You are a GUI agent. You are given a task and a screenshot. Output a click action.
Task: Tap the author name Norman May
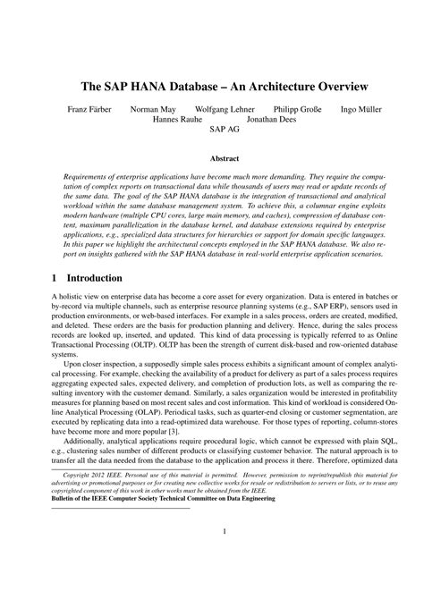click(x=151, y=110)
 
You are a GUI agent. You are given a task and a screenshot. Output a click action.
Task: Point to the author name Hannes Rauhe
click(x=176, y=119)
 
